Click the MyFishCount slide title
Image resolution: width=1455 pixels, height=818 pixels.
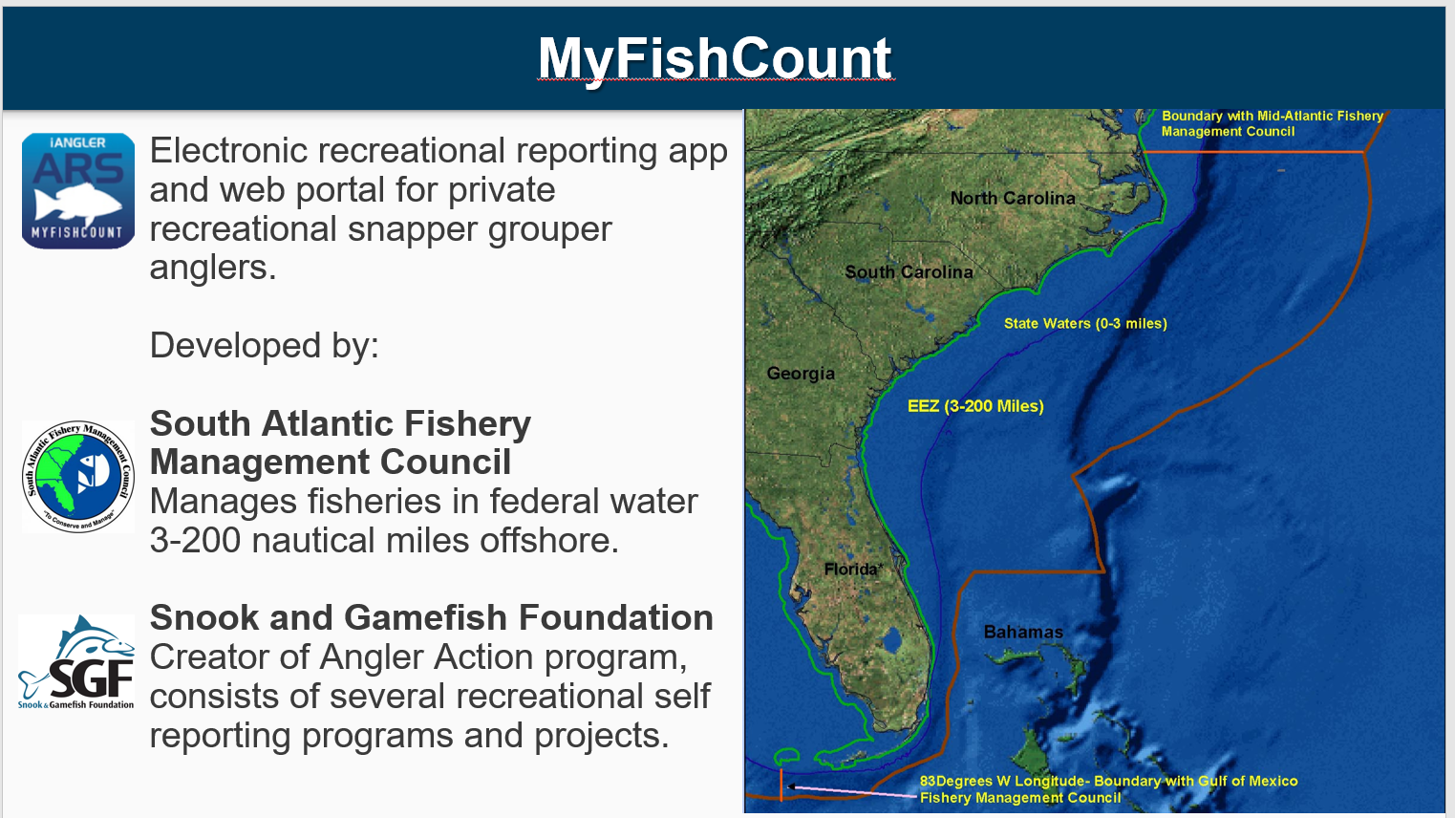[x=715, y=59]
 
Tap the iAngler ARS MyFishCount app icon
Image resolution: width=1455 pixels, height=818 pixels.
[x=78, y=191]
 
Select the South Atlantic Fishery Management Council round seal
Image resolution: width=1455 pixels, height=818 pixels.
[x=78, y=476]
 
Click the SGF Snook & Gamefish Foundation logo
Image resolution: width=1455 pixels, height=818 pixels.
[x=76, y=661]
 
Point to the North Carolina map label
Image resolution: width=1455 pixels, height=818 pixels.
[x=1013, y=198]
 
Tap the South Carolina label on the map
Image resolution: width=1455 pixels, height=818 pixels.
[x=909, y=271]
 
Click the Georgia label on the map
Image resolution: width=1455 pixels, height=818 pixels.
[x=801, y=374]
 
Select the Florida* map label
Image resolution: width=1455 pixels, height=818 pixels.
[x=853, y=570]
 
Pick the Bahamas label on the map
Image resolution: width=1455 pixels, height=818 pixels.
[x=1023, y=632]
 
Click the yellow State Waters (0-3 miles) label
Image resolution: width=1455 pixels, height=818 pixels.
[x=1085, y=323]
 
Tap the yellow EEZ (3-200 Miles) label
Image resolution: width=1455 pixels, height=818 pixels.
[x=975, y=406]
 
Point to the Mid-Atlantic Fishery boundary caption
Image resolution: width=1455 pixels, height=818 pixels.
[x=1273, y=123]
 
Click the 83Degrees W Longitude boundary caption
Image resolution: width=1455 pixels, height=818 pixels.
[x=1109, y=788]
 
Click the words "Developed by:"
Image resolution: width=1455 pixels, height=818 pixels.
[x=265, y=345]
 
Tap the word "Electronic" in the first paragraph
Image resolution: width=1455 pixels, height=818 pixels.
[x=229, y=151]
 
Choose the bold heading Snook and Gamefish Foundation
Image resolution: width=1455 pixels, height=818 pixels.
[x=431, y=617]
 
